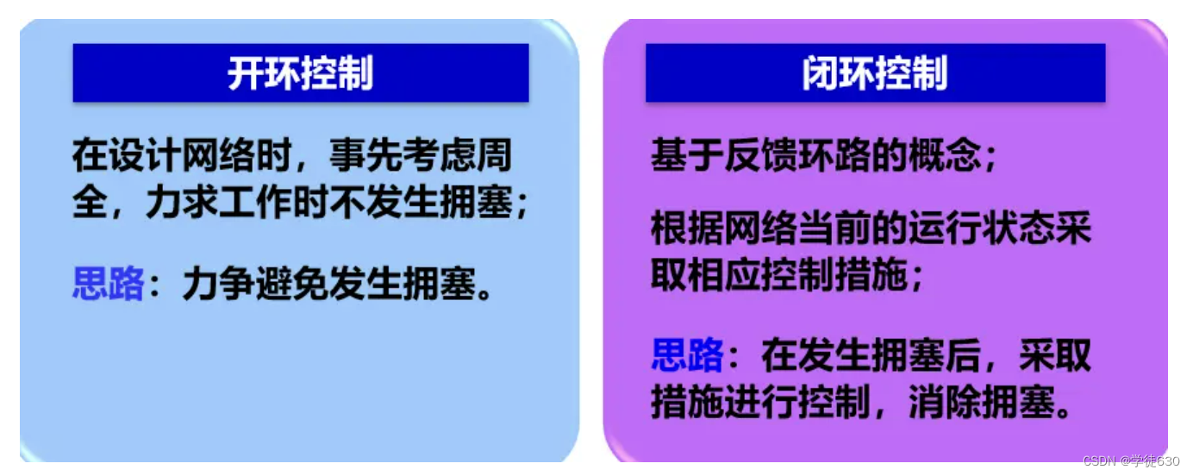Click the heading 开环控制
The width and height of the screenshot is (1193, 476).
click(300, 73)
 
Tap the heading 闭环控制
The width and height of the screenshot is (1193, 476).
click(875, 73)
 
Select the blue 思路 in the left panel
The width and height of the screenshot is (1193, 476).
click(109, 283)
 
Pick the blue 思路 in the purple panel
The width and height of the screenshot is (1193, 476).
click(688, 354)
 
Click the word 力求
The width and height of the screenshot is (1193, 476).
click(182, 202)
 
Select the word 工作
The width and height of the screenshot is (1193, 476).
click(255, 202)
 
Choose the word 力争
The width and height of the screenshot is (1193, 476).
click(219, 283)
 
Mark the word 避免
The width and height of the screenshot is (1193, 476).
click(292, 283)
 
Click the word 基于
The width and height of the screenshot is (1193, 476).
click(688, 155)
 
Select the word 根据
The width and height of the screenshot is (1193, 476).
click(688, 228)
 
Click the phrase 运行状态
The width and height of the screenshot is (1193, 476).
click(982, 228)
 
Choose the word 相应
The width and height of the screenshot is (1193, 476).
click(724, 274)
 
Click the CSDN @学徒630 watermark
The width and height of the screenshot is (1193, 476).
click(1131, 461)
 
